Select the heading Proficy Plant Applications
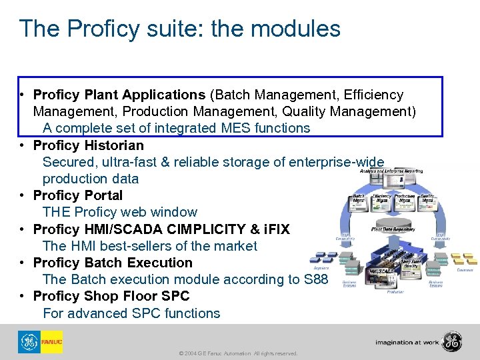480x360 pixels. pos(119,95)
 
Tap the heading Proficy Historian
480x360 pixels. pos(88,145)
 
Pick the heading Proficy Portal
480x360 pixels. pos(78,195)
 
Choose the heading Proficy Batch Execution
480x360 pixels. pos(113,263)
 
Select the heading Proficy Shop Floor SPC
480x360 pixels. pos(111,296)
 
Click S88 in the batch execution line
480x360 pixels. pos(315,279)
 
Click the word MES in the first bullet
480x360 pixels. pos(216,128)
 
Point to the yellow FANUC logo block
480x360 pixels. pos(51,342)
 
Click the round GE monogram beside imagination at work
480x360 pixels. pos(452,341)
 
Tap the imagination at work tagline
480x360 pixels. pos(407,342)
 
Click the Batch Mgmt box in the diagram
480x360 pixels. pos(359,198)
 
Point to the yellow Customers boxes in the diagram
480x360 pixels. pos(464,259)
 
